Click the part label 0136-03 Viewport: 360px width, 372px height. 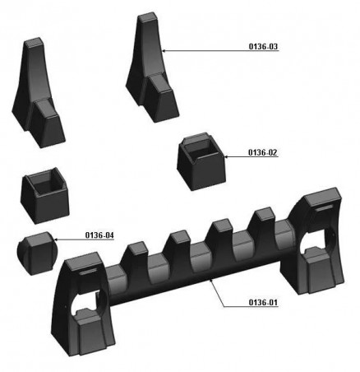263,46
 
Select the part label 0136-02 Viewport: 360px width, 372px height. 263,152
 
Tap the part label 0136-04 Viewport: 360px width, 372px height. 99,235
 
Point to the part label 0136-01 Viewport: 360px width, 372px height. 263,302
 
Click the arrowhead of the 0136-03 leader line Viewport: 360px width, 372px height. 164,50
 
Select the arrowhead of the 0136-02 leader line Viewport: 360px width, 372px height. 226,156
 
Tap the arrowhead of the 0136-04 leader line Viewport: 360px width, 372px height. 56,239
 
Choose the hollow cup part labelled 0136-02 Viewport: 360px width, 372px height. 201,161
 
